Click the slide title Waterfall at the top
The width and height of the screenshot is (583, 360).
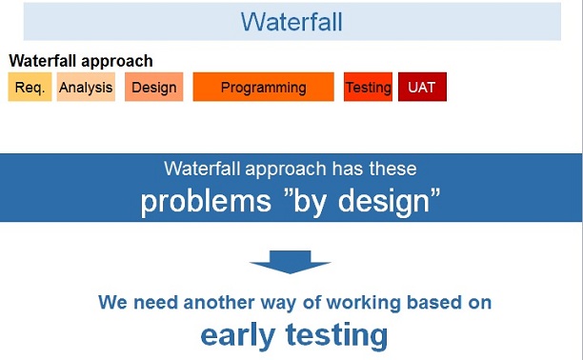click(x=291, y=22)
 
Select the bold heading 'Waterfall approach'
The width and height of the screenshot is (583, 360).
click(x=81, y=61)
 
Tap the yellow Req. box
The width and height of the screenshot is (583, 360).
click(x=30, y=88)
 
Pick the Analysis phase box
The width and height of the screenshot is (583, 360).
click(x=86, y=88)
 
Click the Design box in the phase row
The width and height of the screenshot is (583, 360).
click(x=153, y=88)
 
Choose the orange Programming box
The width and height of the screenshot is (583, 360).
click(x=263, y=88)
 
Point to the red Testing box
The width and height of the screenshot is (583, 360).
click(x=368, y=88)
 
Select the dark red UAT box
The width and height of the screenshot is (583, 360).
click(x=422, y=88)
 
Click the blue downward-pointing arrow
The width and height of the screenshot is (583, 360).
click(x=291, y=263)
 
